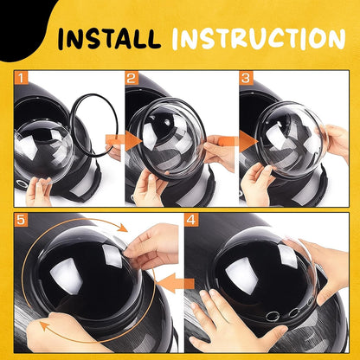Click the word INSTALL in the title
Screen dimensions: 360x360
(x=109, y=38)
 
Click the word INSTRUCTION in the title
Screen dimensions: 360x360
(x=259, y=38)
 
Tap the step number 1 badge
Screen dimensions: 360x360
(x=22, y=77)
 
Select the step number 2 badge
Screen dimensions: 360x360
(x=132, y=77)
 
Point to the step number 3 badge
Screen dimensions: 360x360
(x=246, y=77)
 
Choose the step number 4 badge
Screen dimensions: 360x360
(x=191, y=220)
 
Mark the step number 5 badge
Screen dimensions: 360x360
(x=22, y=220)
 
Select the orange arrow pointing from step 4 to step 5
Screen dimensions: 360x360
(x=176, y=283)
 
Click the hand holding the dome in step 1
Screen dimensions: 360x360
(x=38, y=192)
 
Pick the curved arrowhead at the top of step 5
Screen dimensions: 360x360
(x=123, y=228)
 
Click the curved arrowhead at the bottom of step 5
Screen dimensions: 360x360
(x=44, y=326)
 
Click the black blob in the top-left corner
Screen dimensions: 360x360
(x=23, y=26)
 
